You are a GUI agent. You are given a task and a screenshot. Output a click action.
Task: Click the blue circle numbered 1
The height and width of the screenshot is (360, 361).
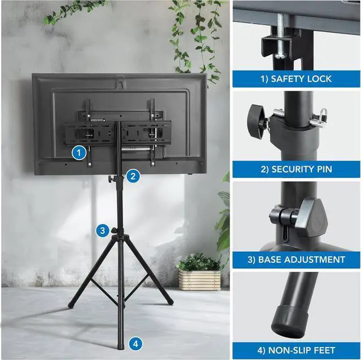click(80, 152)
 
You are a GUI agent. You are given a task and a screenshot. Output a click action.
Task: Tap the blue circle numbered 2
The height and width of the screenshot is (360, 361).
click(132, 176)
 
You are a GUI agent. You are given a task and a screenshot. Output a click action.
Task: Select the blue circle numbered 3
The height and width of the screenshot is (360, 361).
click(102, 230)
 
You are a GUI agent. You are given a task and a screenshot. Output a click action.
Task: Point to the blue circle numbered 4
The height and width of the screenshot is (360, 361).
click(135, 343)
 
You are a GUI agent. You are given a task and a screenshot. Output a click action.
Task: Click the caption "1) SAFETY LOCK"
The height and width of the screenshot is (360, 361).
click(296, 79)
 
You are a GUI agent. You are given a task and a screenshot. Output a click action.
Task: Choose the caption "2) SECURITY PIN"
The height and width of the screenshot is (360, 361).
click(296, 169)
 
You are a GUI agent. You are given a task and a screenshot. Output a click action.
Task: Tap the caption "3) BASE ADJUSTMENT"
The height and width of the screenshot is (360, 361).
click(296, 260)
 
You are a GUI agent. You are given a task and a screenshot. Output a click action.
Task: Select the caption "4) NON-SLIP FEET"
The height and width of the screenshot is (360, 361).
click(296, 350)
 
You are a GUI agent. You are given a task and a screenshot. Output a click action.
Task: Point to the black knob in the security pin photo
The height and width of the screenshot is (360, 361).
click(257, 117)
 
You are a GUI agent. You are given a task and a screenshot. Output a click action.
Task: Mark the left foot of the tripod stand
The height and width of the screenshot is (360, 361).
click(71, 306)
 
